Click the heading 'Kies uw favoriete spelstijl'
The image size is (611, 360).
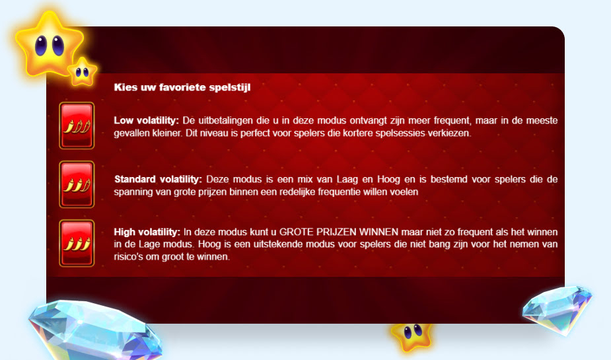(182, 87)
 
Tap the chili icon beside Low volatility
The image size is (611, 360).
(77, 126)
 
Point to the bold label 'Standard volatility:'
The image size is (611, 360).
(159, 179)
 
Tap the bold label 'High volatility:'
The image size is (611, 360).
(147, 232)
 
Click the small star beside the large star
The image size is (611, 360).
(83, 71)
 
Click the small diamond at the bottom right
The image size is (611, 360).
(557, 306)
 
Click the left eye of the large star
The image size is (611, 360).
(41, 46)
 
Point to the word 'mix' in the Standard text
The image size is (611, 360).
(295, 179)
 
